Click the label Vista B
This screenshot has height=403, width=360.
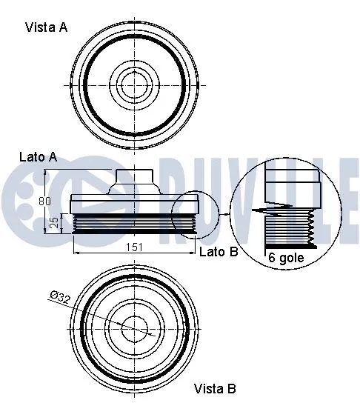(215, 388)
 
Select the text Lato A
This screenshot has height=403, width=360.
(39, 157)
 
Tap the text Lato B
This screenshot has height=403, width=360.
(219, 252)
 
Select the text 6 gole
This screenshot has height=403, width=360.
(285, 258)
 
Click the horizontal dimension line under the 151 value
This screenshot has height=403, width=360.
(133, 254)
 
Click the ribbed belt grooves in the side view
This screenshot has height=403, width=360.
(133, 224)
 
